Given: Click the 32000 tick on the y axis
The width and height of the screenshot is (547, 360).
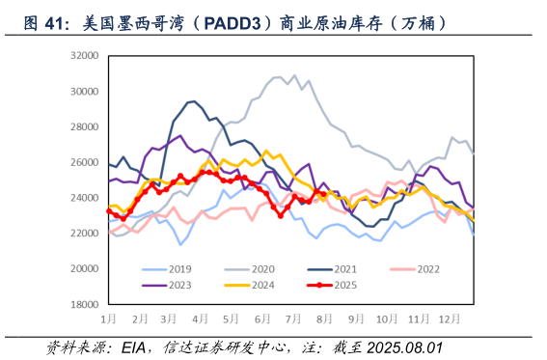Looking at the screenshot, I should pos(86,57).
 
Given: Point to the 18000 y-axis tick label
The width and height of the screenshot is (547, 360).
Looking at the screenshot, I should pos(86,303).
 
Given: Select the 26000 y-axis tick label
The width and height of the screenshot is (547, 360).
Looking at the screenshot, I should pos(86,162).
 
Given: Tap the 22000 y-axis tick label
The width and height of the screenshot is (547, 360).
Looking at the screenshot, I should pos(86,233).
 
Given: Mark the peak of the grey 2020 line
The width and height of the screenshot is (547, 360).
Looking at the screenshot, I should pos(295,75).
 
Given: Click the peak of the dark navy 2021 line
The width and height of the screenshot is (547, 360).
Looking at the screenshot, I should pos(194,100).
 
